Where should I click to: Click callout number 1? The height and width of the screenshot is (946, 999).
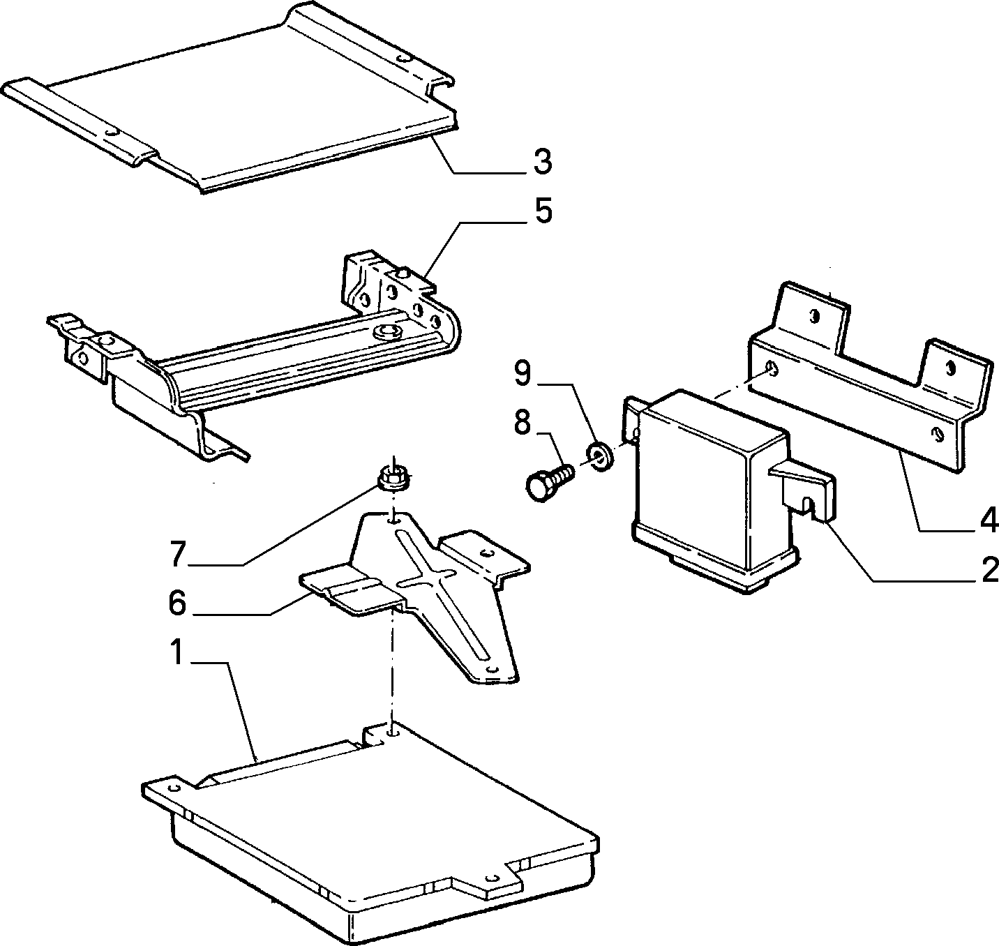[177, 652]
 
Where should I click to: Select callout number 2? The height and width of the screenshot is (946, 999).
[988, 570]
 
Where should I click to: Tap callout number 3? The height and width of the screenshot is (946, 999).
[542, 162]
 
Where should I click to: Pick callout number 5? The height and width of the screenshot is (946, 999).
[543, 211]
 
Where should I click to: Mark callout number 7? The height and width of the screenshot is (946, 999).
[177, 553]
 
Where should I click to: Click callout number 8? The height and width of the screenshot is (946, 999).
[523, 423]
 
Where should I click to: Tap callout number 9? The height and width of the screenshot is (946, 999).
[523, 374]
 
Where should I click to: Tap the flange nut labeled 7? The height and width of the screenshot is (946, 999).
[393, 479]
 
